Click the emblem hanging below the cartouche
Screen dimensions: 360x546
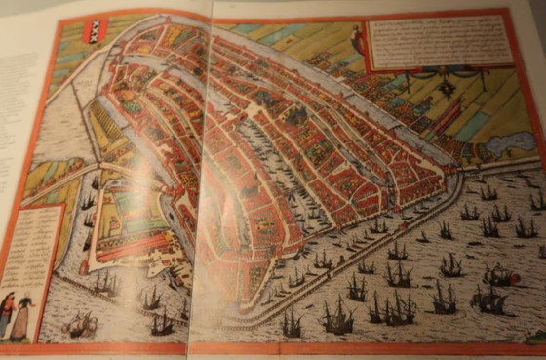tap(448, 88)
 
